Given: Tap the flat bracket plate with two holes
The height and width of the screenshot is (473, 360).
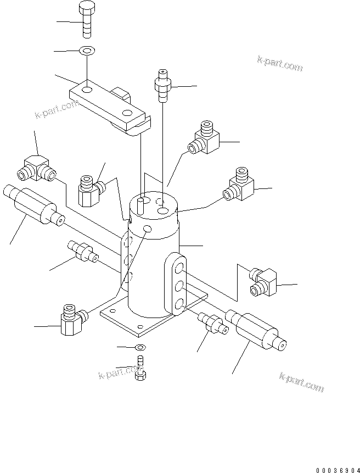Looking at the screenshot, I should (107, 104).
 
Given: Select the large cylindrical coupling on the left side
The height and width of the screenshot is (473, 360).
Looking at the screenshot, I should (33, 206).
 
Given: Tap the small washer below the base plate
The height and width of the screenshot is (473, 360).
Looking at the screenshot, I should (140, 347).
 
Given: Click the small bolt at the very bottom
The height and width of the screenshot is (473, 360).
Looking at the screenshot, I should (140, 369).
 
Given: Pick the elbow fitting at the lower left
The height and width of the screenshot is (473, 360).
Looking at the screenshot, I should (70, 319).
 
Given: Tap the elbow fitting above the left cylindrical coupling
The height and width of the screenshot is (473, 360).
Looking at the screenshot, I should (37, 168).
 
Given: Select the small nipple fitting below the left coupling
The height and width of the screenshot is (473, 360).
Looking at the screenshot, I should (81, 252).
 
